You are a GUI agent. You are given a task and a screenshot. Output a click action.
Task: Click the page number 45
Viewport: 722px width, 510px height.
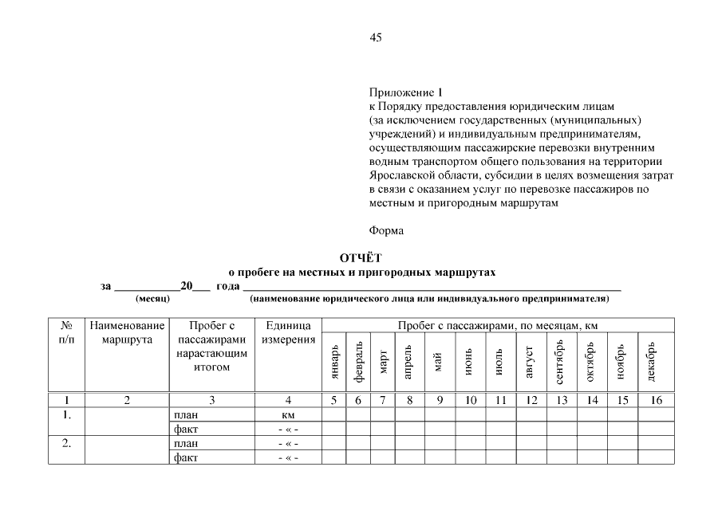pyautogui.click(x=376, y=37)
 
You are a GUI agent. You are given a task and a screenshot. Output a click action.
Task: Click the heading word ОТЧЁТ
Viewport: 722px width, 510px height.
pyautogui.click(x=361, y=257)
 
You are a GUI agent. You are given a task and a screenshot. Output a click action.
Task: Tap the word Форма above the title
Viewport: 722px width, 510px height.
pyautogui.click(x=387, y=231)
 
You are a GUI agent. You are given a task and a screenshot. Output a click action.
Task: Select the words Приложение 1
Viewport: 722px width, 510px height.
pyautogui.click(x=405, y=92)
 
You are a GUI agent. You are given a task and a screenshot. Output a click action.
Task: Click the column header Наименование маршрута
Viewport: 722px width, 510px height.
pyautogui.click(x=128, y=332)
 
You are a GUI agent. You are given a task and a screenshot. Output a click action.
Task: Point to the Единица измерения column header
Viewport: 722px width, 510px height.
pyautogui.click(x=288, y=332)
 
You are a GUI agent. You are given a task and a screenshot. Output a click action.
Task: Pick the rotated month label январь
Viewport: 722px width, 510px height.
pyautogui.click(x=334, y=362)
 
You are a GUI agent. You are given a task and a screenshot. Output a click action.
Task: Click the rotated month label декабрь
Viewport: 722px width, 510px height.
pyautogui.click(x=655, y=362)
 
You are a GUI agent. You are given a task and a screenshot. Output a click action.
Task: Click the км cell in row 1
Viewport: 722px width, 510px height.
pyautogui.click(x=288, y=415)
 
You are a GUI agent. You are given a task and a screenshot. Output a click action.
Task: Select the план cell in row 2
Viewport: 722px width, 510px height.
pyautogui.click(x=186, y=443)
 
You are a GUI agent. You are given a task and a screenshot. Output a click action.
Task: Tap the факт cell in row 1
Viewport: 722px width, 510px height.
pyautogui.click(x=186, y=430)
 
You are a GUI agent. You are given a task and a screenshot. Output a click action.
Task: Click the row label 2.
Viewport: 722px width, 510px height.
pyautogui.click(x=67, y=443)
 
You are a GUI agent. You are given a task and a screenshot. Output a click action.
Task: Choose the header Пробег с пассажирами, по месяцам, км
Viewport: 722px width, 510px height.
pyautogui.click(x=498, y=325)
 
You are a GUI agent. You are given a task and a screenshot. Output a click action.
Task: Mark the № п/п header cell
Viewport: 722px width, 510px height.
pyautogui.click(x=67, y=332)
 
